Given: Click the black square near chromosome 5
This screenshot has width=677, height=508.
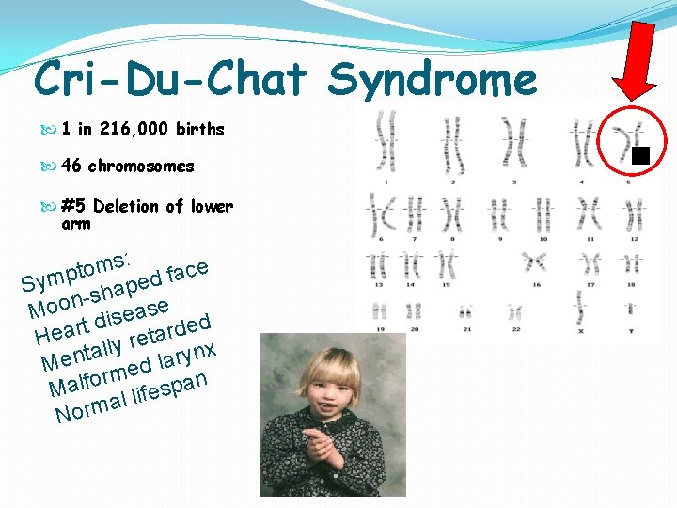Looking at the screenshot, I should pyautogui.click(x=640, y=155).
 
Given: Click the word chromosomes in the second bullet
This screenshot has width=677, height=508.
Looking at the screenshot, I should pyautogui.click(x=141, y=167).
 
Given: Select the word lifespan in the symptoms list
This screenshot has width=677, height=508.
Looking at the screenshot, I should pyautogui.click(x=166, y=390).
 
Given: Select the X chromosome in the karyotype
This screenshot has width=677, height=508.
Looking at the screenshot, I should pyautogui.click(x=580, y=310).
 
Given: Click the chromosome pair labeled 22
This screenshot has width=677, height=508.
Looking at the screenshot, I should pyautogui.click(x=512, y=311).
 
